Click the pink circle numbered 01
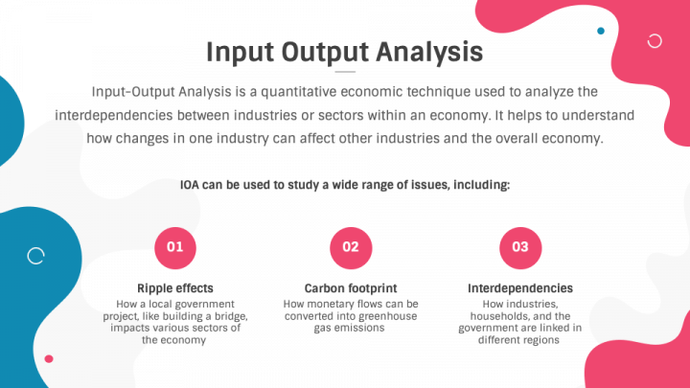pos(175,248)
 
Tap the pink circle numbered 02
pos(351,248)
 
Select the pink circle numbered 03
pos(520,248)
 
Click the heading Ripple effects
pos(175,288)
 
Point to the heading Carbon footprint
pos(351,288)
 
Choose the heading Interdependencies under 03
pos(520,288)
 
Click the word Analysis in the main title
pos(429,53)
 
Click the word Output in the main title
pos(325,53)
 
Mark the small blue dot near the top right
pos(601,31)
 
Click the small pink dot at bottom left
pos(49,359)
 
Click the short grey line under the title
pos(345,71)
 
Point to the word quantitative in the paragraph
pos(299,92)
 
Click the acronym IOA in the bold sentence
pos(190,185)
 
